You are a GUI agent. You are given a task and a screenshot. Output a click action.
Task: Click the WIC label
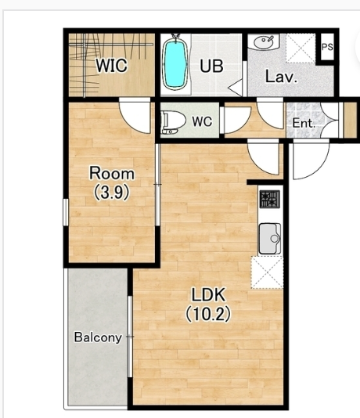pyautogui.click(x=111, y=65)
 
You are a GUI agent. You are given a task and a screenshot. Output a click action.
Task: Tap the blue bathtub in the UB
pyautogui.click(x=175, y=65)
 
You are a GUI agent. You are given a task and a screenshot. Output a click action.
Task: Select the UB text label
pyautogui.click(x=211, y=66)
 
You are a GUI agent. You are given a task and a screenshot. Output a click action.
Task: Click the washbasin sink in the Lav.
pyautogui.click(x=263, y=41)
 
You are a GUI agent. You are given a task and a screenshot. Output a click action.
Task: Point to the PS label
pyautogui.click(x=327, y=47)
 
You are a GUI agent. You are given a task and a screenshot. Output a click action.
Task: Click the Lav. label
pyautogui.click(x=281, y=77)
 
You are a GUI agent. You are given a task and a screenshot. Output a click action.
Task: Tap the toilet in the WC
pyautogui.click(x=174, y=122)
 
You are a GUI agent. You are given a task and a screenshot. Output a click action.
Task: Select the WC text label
pyautogui.click(x=202, y=121)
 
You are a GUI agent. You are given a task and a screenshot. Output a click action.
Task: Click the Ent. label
pyautogui.click(x=304, y=123)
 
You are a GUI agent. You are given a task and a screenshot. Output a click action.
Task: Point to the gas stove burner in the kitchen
pyautogui.click(x=270, y=199)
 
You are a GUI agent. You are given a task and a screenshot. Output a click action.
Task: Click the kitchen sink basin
pyautogui.click(x=270, y=238)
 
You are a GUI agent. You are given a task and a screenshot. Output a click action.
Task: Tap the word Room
pyautogui.click(x=112, y=173)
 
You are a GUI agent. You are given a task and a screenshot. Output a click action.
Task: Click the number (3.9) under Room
pyautogui.click(x=112, y=192)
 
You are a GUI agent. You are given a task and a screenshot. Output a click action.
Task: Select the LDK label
pyautogui.click(x=209, y=294)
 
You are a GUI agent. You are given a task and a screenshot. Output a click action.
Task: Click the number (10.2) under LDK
pyautogui.click(x=208, y=314)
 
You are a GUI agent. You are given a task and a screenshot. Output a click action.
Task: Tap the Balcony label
pyautogui.click(x=98, y=337)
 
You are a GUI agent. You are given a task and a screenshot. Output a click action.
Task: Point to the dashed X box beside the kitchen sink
pyautogui.click(x=267, y=272)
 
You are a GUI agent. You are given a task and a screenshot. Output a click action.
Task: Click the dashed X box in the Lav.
pyautogui.click(x=301, y=49)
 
